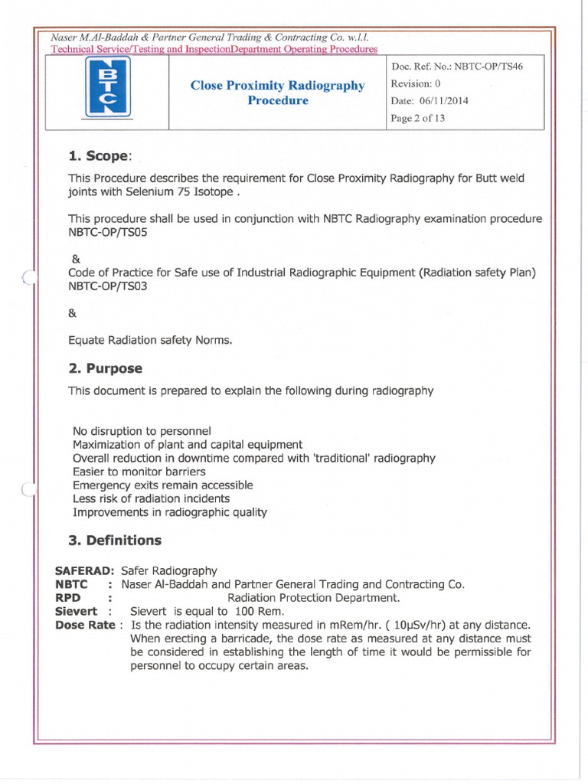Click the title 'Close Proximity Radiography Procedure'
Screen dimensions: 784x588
277,93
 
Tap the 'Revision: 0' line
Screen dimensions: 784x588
416,83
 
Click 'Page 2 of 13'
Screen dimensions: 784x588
417,118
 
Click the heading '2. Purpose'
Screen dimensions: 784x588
105,368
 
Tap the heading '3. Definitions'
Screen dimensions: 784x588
114,540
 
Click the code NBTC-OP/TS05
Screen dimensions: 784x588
106,232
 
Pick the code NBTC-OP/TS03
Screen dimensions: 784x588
106,286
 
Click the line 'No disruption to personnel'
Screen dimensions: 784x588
141,430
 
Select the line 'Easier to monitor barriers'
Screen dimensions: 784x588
139,472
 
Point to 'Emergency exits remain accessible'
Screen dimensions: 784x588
162,485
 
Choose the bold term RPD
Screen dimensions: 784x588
68,597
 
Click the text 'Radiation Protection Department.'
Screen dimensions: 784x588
313,597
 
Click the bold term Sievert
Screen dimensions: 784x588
76,611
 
